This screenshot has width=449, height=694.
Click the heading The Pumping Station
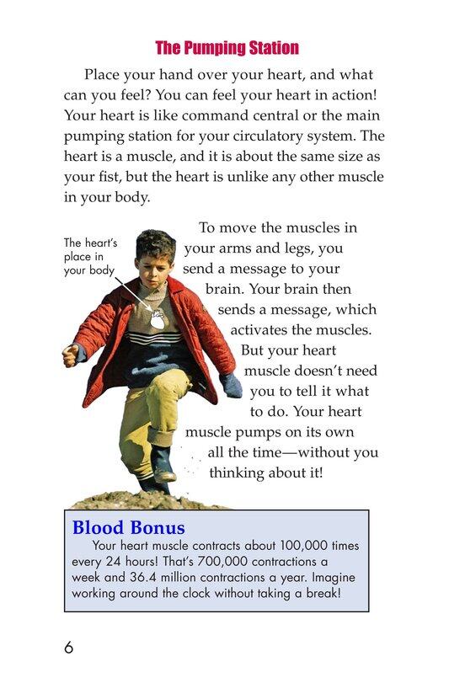point(227,48)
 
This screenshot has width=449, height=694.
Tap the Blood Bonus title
point(129,528)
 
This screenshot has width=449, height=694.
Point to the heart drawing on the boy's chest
point(158,319)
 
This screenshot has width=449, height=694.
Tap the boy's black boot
point(162,462)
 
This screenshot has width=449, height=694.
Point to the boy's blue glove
point(231,385)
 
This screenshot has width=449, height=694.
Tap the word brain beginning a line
point(223,288)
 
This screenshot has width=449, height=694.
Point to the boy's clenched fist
point(72,355)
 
